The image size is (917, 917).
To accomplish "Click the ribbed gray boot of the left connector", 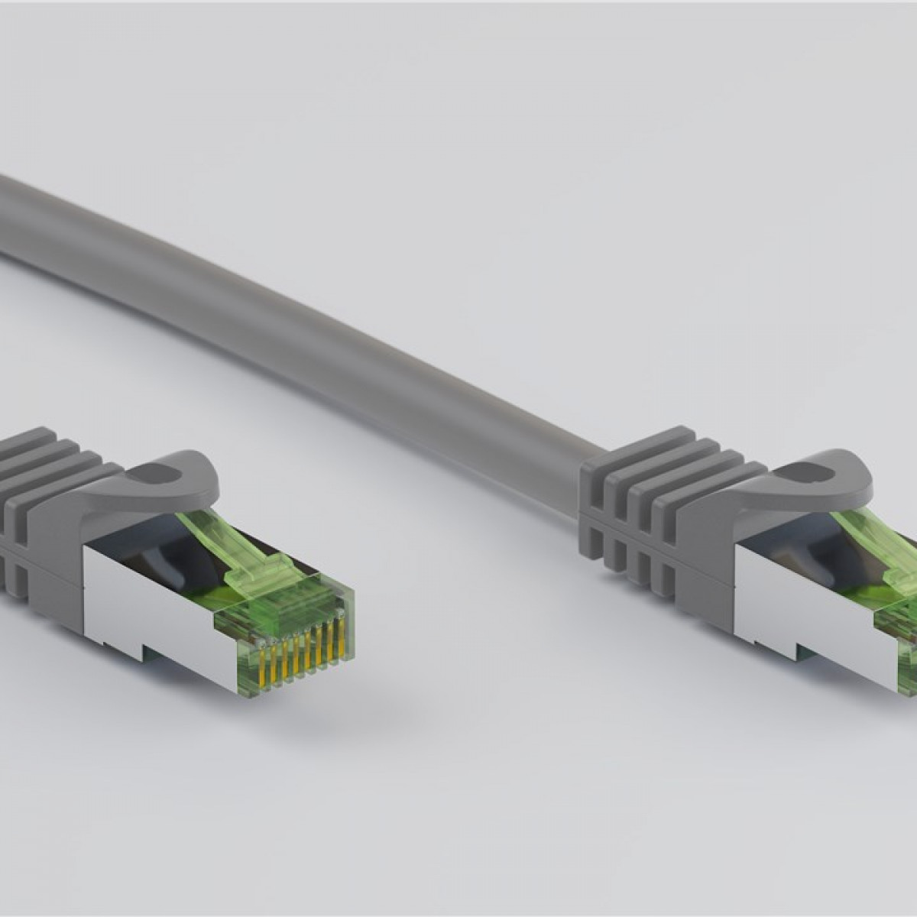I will pos(46,497).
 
